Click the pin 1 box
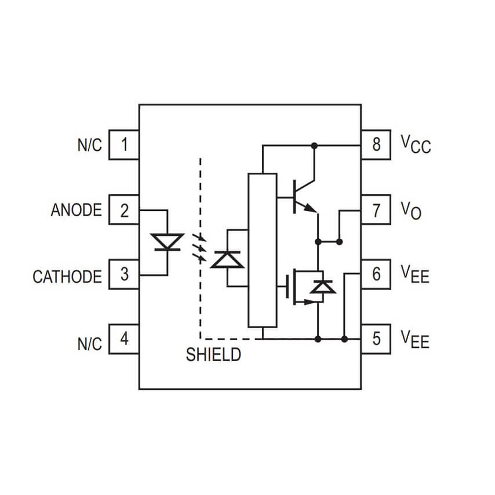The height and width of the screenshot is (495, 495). (124, 144)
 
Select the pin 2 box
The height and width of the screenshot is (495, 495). (124, 210)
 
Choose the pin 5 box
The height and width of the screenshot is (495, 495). (376, 338)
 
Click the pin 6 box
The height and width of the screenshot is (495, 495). (376, 274)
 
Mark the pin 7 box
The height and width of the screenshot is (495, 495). (376, 210)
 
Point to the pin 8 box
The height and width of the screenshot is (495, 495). (376, 144)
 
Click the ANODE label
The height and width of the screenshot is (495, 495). (76, 210)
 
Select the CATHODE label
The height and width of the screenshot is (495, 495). (67, 276)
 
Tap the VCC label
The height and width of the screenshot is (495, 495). (416, 144)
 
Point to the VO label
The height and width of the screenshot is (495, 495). (411, 210)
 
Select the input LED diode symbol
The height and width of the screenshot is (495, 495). (167, 242)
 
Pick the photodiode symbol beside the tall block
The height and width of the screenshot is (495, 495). (227, 259)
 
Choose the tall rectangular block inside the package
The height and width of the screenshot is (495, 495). (262, 250)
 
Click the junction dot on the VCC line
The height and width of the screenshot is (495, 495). (315, 145)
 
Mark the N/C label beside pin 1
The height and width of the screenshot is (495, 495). (89, 145)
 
